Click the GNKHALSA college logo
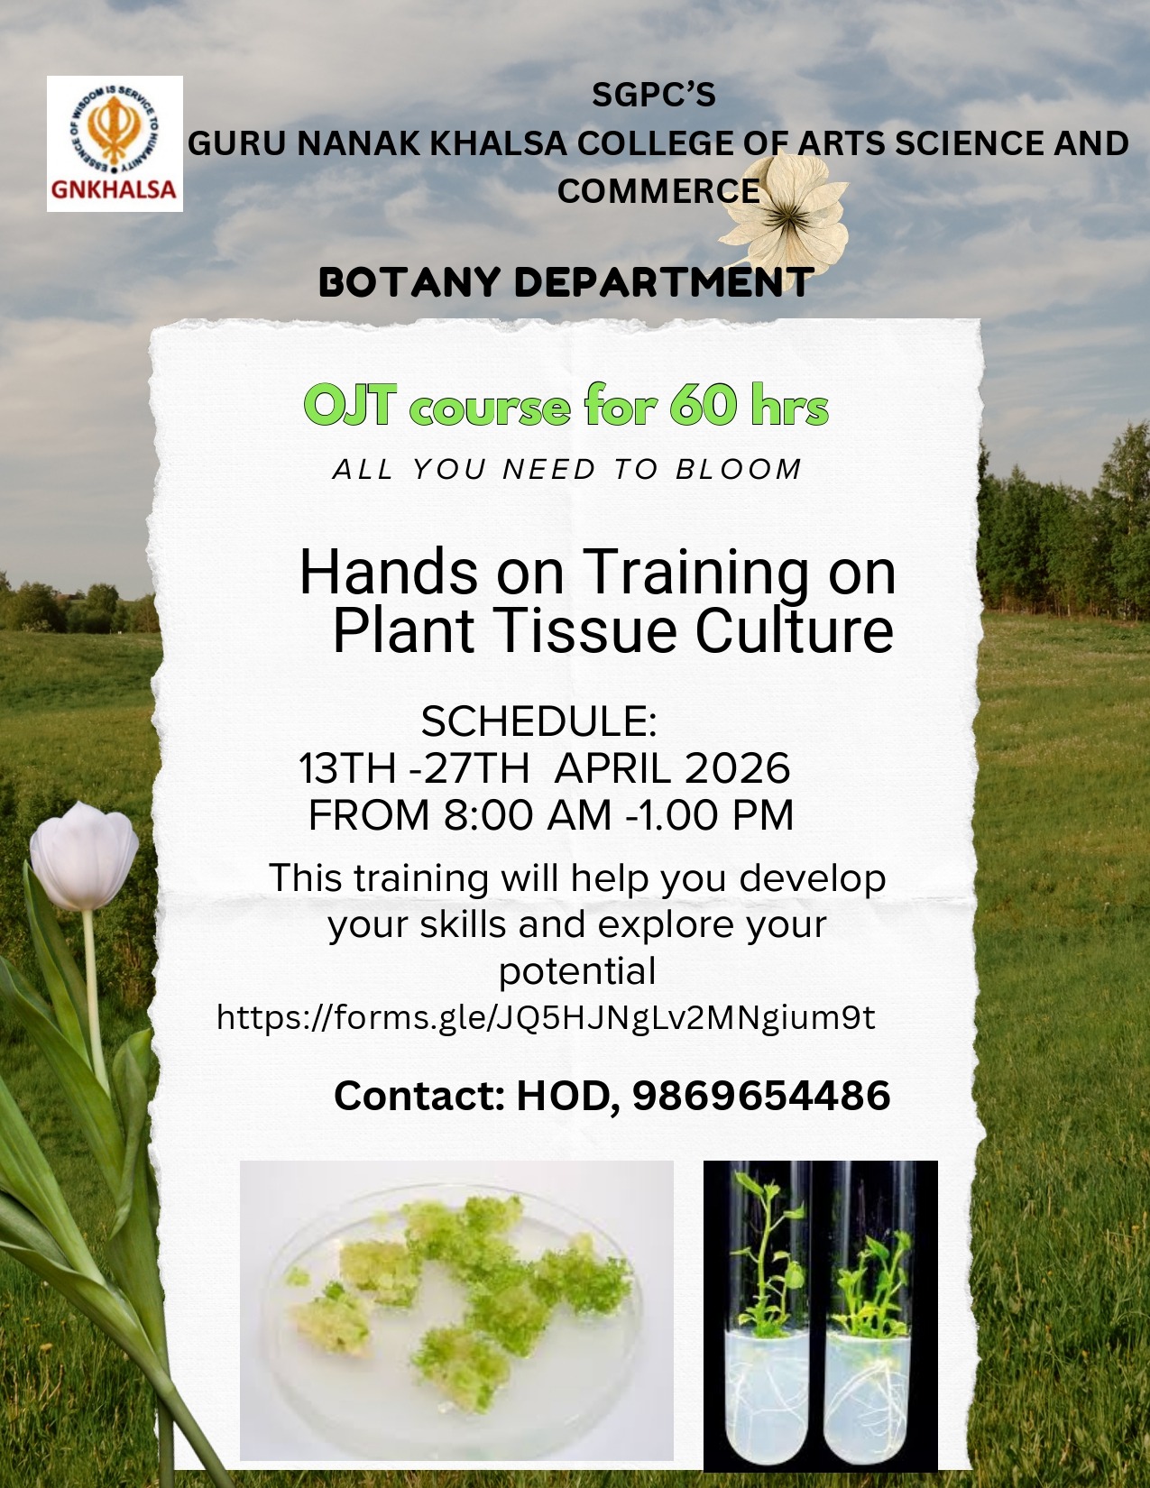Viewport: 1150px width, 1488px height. [115, 143]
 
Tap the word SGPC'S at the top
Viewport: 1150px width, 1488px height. [653, 96]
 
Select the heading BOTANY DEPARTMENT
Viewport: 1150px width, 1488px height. [566, 282]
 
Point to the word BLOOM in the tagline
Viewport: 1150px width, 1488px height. [739, 470]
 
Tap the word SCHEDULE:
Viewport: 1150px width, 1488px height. [539, 721]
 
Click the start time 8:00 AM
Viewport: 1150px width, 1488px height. [528, 815]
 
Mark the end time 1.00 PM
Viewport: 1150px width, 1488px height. [714, 815]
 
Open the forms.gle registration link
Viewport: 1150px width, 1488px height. [546, 1017]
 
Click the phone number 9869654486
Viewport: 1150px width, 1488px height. [761, 1094]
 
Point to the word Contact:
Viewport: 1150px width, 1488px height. [419, 1094]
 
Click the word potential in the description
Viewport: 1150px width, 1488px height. [576, 971]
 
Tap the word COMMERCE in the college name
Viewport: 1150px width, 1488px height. [658, 190]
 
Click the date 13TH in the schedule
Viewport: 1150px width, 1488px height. [348, 767]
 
